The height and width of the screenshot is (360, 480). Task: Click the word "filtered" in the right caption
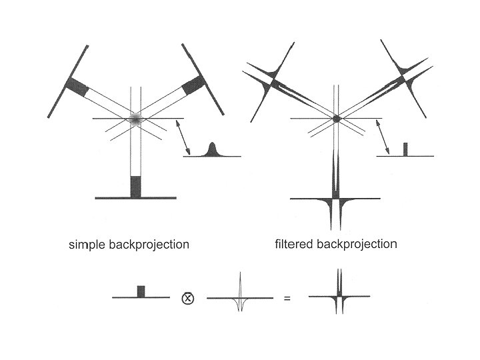point(294,244)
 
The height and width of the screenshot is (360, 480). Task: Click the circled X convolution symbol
point(187,298)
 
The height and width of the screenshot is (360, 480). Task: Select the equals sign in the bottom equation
point(287,299)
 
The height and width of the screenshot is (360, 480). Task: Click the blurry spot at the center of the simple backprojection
point(136,119)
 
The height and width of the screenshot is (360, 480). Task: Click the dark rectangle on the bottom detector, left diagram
point(136,187)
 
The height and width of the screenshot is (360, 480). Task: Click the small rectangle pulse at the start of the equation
point(141,292)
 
